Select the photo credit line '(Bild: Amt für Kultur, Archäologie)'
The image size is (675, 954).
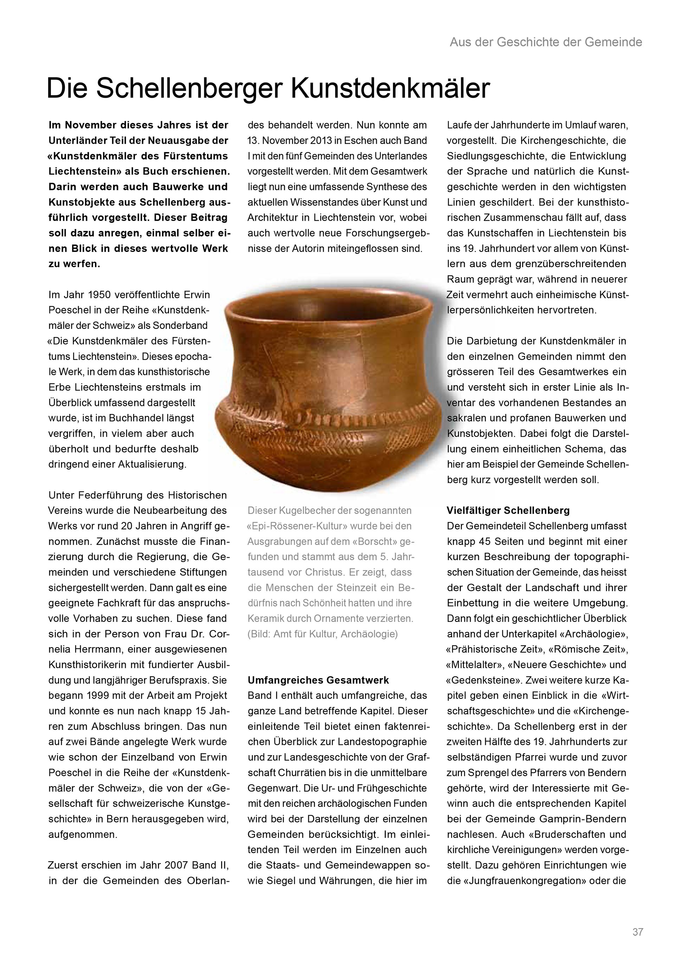(322, 634)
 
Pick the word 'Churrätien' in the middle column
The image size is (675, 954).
(301, 773)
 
